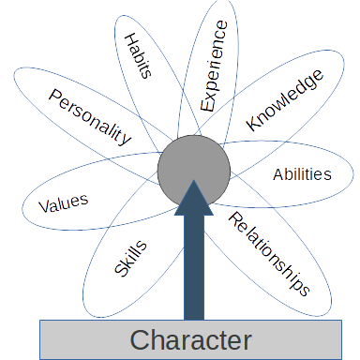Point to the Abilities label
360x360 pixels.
(302, 173)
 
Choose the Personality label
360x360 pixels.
(90, 118)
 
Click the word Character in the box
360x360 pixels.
(190, 338)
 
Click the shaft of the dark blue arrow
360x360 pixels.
(194, 272)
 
